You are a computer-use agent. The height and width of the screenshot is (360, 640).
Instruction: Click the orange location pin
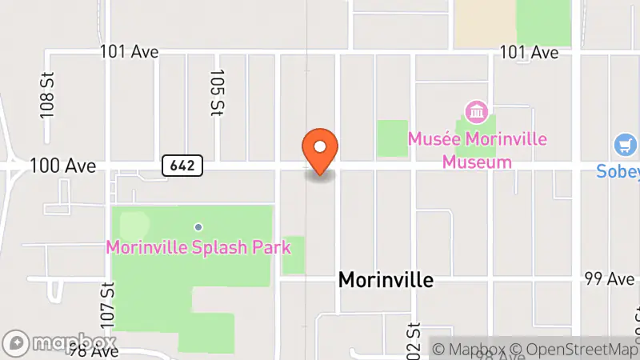pos(321,150)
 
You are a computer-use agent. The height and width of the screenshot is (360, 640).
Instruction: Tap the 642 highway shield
pos(182,166)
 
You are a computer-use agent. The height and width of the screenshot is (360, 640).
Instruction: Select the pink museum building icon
pos(478,111)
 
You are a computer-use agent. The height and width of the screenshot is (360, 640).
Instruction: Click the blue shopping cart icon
pos(626,146)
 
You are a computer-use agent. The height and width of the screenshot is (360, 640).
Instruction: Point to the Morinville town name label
pos(386,279)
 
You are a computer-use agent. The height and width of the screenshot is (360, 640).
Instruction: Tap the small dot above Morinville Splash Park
pos(198,226)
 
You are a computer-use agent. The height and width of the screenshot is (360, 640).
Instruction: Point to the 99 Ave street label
pos(604,278)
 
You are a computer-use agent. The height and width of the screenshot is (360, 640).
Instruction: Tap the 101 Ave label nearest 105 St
pos(129,52)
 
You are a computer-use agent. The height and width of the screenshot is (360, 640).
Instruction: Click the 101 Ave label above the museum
pos(528,52)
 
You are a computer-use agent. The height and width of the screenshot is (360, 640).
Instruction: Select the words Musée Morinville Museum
pos(478,150)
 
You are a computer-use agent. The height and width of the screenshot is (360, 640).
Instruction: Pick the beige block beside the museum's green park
pos(484,22)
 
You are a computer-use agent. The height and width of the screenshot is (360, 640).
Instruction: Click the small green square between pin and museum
pos(392,138)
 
